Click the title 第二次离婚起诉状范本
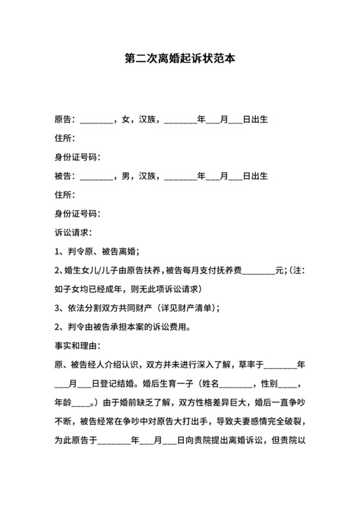point(179,57)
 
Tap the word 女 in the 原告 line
point(127,120)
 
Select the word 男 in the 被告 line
point(127,175)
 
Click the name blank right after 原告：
point(96,121)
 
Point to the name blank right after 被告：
point(96,177)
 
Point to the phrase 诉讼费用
point(170,326)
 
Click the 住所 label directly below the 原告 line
point(64,138)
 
